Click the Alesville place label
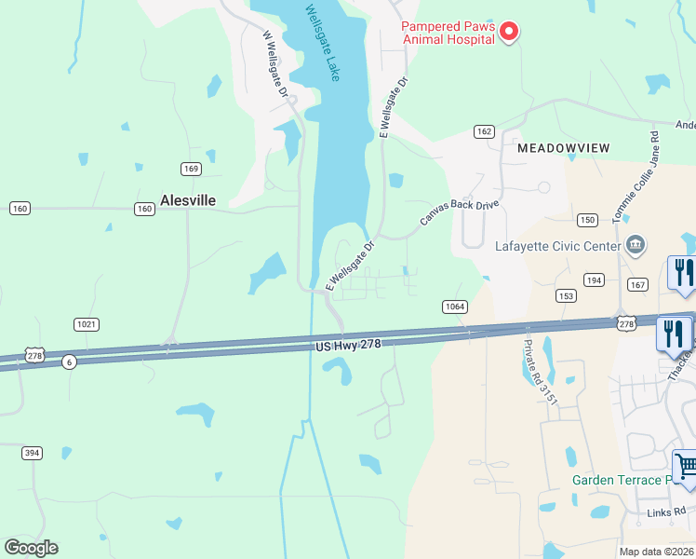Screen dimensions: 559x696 [188, 199]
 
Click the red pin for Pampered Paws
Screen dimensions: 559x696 [509, 33]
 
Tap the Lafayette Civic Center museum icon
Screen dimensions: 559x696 [636, 245]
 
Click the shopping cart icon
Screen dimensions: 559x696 [685, 466]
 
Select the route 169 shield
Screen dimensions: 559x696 [192, 169]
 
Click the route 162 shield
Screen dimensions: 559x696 [484, 131]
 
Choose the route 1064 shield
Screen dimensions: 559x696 [453, 306]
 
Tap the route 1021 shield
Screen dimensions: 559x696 [87, 323]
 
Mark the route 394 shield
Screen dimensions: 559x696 [33, 453]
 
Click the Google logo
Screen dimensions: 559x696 [31, 547]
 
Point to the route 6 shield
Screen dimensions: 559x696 [69, 361]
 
